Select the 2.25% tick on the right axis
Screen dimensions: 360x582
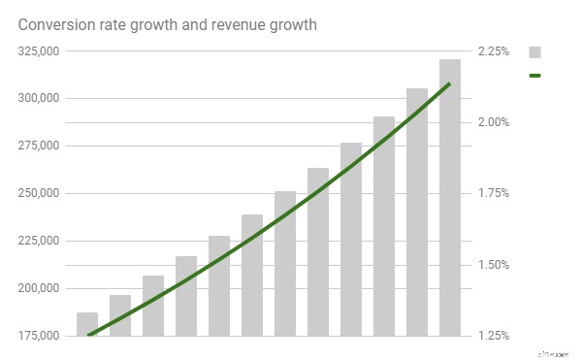click(x=495, y=51)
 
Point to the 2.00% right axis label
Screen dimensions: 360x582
click(x=495, y=122)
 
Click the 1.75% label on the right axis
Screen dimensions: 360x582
click(x=495, y=193)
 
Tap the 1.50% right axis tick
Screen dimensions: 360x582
click(x=495, y=265)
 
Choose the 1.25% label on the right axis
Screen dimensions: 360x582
click(x=495, y=336)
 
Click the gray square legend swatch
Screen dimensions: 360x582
click(x=534, y=52)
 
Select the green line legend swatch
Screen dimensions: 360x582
click(x=534, y=75)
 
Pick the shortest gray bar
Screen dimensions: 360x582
click(x=87, y=324)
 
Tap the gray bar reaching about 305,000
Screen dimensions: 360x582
click(x=416, y=213)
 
